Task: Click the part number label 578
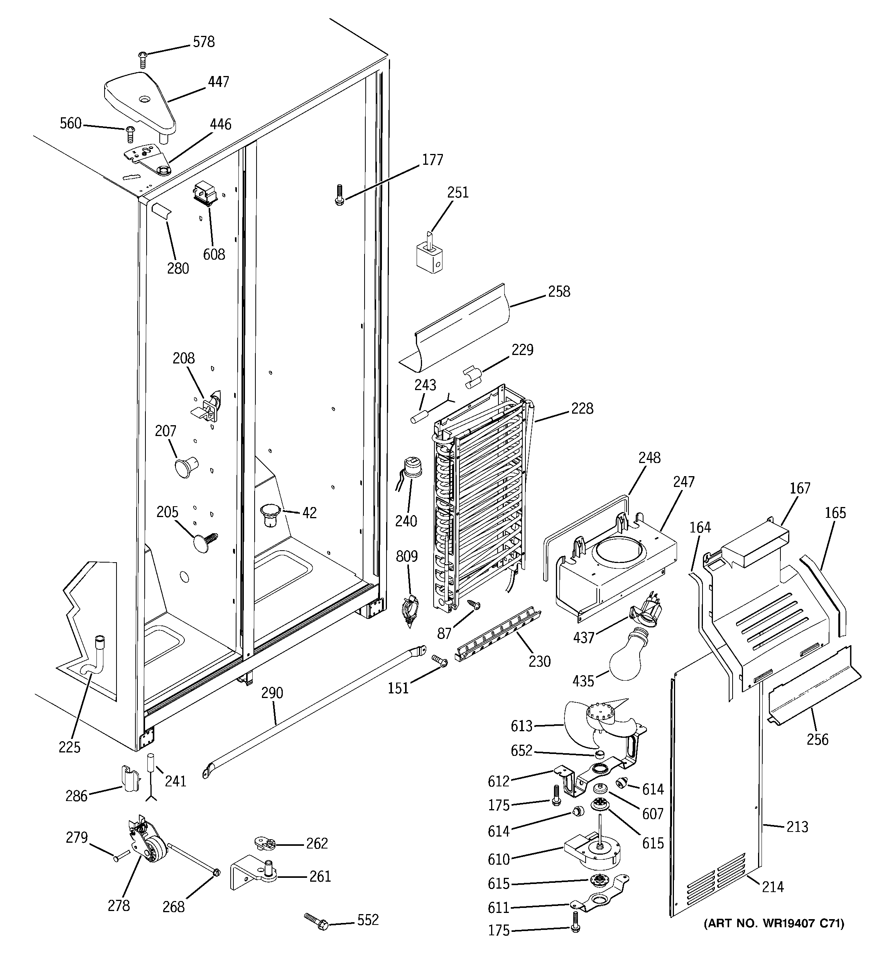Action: [x=203, y=42]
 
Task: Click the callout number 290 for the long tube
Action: [x=272, y=693]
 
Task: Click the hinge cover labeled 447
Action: [x=139, y=102]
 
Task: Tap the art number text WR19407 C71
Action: [x=773, y=923]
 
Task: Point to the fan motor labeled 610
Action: [x=593, y=857]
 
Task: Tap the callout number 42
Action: [x=309, y=513]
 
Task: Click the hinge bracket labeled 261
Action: [x=252, y=876]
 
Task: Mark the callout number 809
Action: [x=407, y=557]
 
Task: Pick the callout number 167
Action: [x=800, y=488]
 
